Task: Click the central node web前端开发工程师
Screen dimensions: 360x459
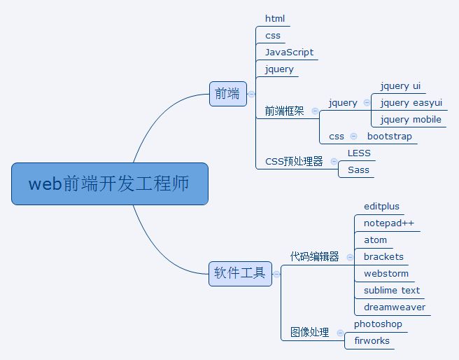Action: (x=109, y=184)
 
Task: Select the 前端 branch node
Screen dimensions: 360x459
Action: (x=228, y=93)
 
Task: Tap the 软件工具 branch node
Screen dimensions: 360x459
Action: (x=240, y=273)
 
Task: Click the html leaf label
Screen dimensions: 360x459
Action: (x=275, y=18)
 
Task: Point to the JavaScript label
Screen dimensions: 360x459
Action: (x=289, y=52)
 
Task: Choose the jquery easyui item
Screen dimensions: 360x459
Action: (x=411, y=102)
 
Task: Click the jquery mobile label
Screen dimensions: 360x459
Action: (x=411, y=119)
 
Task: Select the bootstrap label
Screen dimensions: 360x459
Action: (x=390, y=136)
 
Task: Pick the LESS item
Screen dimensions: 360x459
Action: (x=359, y=153)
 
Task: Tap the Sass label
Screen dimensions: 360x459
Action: (x=358, y=169)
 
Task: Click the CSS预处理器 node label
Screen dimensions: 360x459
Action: (x=294, y=161)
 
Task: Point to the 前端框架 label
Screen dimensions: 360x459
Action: (x=284, y=111)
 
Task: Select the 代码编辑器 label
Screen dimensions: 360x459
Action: (x=314, y=256)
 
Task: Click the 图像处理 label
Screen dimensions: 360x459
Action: (x=309, y=332)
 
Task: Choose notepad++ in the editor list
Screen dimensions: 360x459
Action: (x=389, y=223)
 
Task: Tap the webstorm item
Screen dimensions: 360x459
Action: (x=386, y=273)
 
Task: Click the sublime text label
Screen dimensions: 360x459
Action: (x=392, y=290)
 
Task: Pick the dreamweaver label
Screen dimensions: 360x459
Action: (x=395, y=307)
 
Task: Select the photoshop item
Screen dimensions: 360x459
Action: (x=378, y=324)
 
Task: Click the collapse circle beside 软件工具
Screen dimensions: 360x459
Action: (x=276, y=273)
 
